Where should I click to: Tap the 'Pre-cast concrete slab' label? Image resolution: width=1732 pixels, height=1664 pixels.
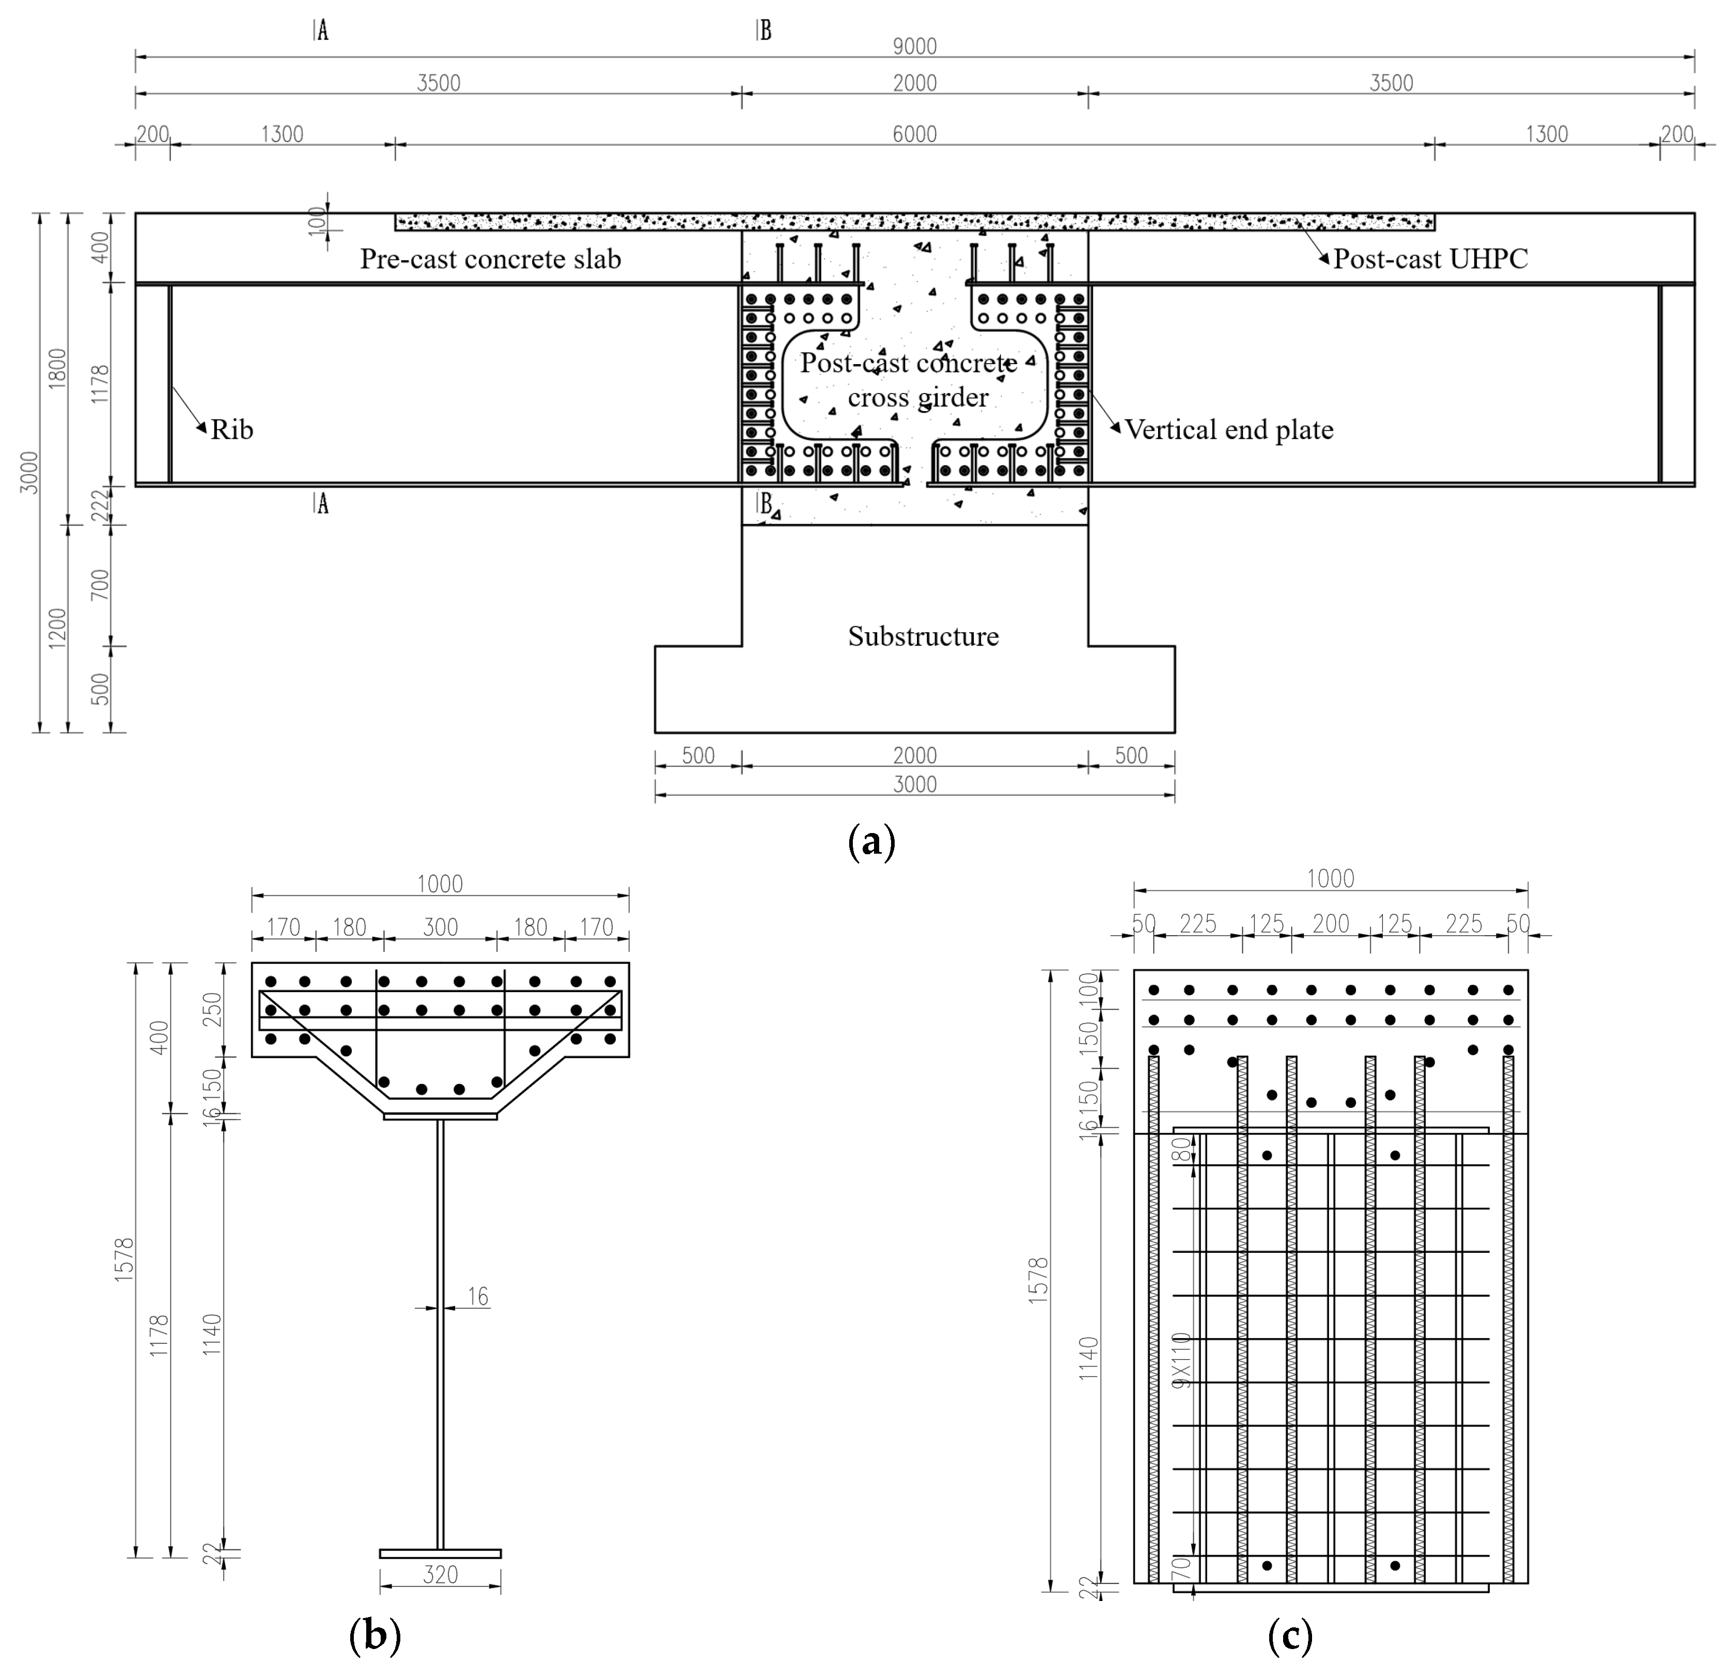(x=490, y=259)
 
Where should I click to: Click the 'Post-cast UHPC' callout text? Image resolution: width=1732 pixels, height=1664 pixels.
(x=1430, y=259)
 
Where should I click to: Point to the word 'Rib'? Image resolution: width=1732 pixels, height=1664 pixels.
(x=231, y=430)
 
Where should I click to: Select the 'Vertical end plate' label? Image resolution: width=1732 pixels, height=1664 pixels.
(x=1228, y=430)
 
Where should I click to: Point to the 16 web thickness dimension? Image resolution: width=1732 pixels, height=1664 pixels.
(x=477, y=1296)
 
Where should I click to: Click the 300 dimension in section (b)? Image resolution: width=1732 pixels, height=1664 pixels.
(x=440, y=927)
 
